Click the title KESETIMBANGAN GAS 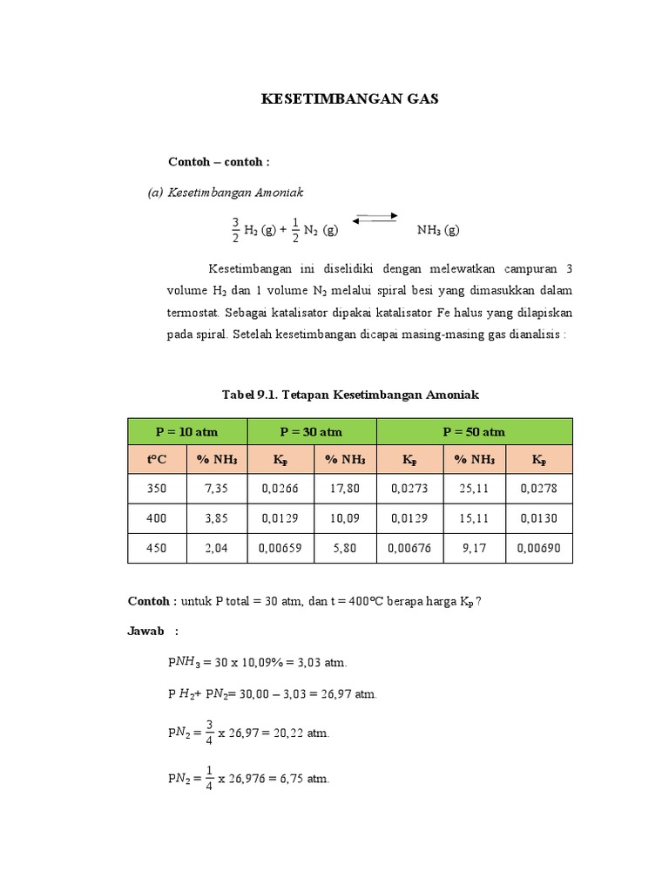(x=350, y=99)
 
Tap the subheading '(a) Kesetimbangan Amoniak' (x=226, y=192)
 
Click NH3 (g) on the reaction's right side (x=438, y=230)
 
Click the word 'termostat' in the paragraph (x=193, y=312)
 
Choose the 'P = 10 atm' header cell (x=187, y=431)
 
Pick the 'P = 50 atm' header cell (x=474, y=431)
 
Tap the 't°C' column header (x=157, y=459)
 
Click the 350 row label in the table (x=157, y=489)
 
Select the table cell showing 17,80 (x=345, y=489)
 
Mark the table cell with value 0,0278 (x=540, y=489)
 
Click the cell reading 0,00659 (x=280, y=549)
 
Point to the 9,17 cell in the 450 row (x=474, y=549)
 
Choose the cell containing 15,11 (x=474, y=518)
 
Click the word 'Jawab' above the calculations (x=145, y=631)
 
